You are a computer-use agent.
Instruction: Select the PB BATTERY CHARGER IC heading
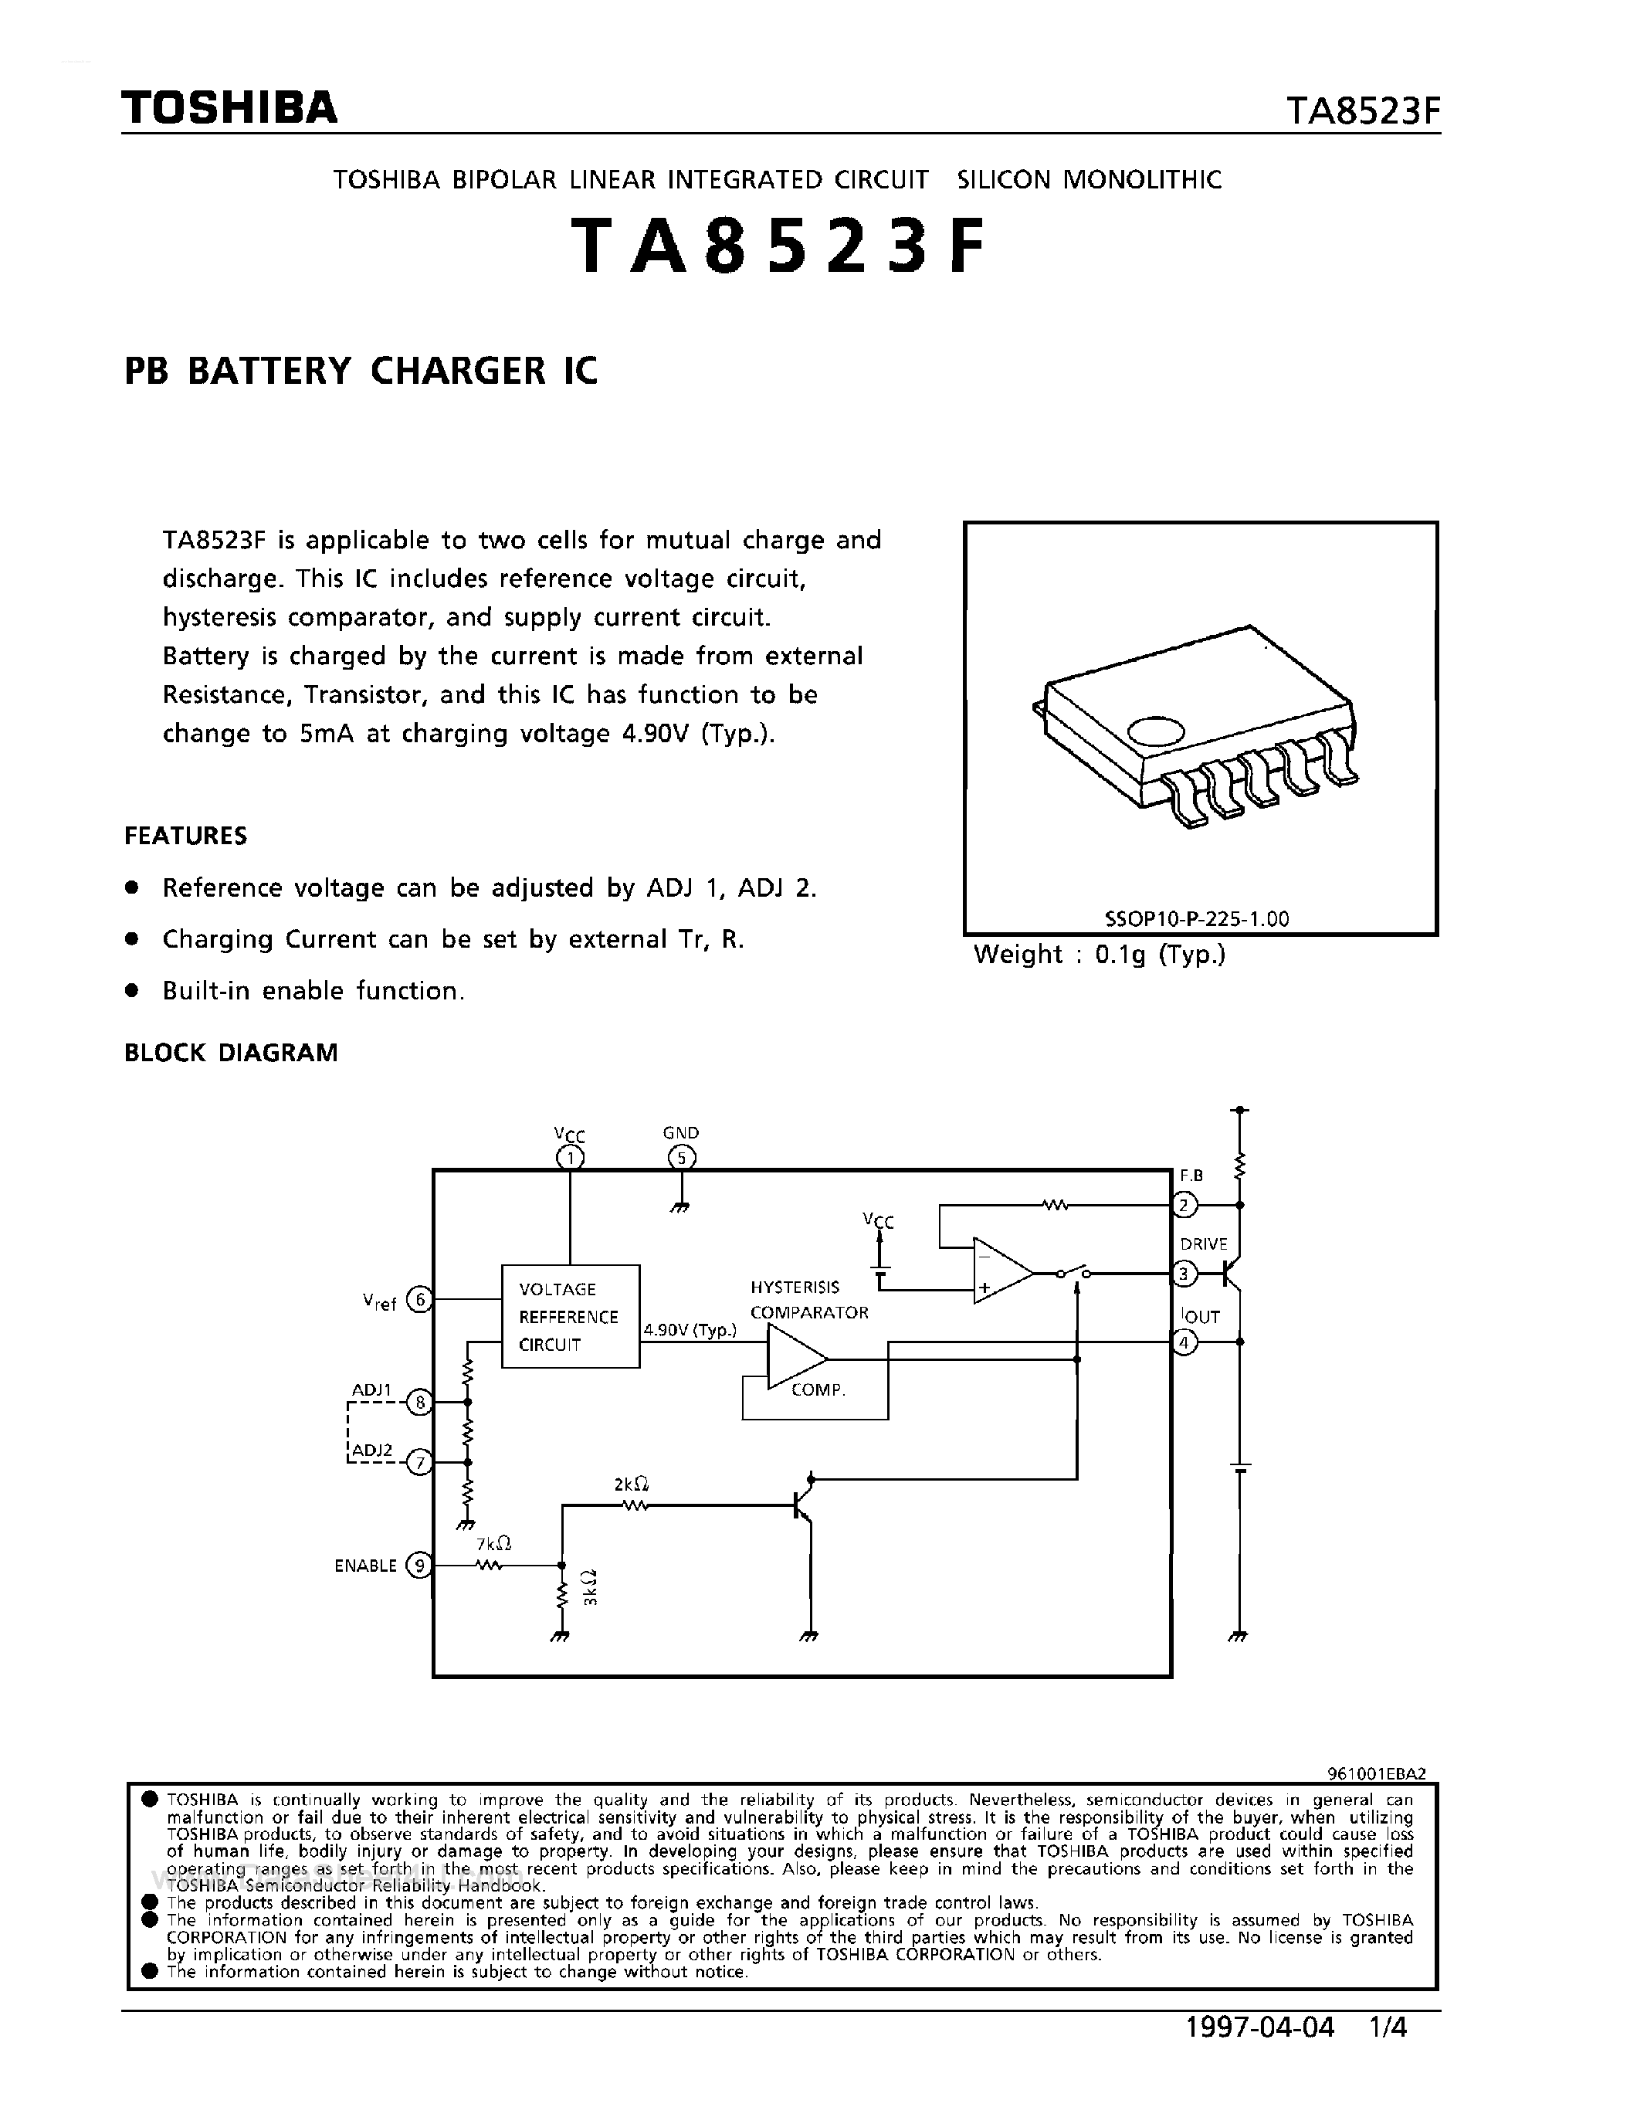(361, 372)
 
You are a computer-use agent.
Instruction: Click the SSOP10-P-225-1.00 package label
(1197, 918)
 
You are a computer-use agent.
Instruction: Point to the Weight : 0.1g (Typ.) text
(1100, 955)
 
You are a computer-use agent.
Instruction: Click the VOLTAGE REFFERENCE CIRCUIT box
(570, 1316)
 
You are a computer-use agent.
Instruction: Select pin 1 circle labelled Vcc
(570, 1157)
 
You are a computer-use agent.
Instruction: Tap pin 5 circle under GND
(682, 1157)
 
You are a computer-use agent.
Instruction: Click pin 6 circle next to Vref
(419, 1299)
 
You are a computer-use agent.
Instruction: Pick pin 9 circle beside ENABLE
(419, 1565)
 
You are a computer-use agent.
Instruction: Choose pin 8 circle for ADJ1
(419, 1403)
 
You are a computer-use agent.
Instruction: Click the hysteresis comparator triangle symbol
(795, 1359)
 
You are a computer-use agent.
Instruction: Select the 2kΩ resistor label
(631, 1484)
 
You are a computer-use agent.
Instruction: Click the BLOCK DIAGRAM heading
(232, 1052)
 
